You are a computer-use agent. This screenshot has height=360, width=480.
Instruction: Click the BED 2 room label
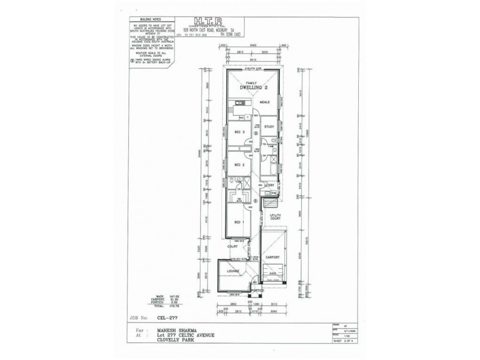pos(238,164)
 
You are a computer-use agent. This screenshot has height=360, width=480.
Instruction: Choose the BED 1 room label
pos(238,221)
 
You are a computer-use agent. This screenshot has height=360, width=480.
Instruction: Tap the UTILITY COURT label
pos(276,217)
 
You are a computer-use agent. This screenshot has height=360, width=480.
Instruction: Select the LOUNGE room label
pos(233,271)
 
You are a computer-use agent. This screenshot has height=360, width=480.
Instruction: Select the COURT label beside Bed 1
pos(233,246)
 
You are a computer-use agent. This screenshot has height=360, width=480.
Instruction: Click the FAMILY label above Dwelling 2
pos(252,83)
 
